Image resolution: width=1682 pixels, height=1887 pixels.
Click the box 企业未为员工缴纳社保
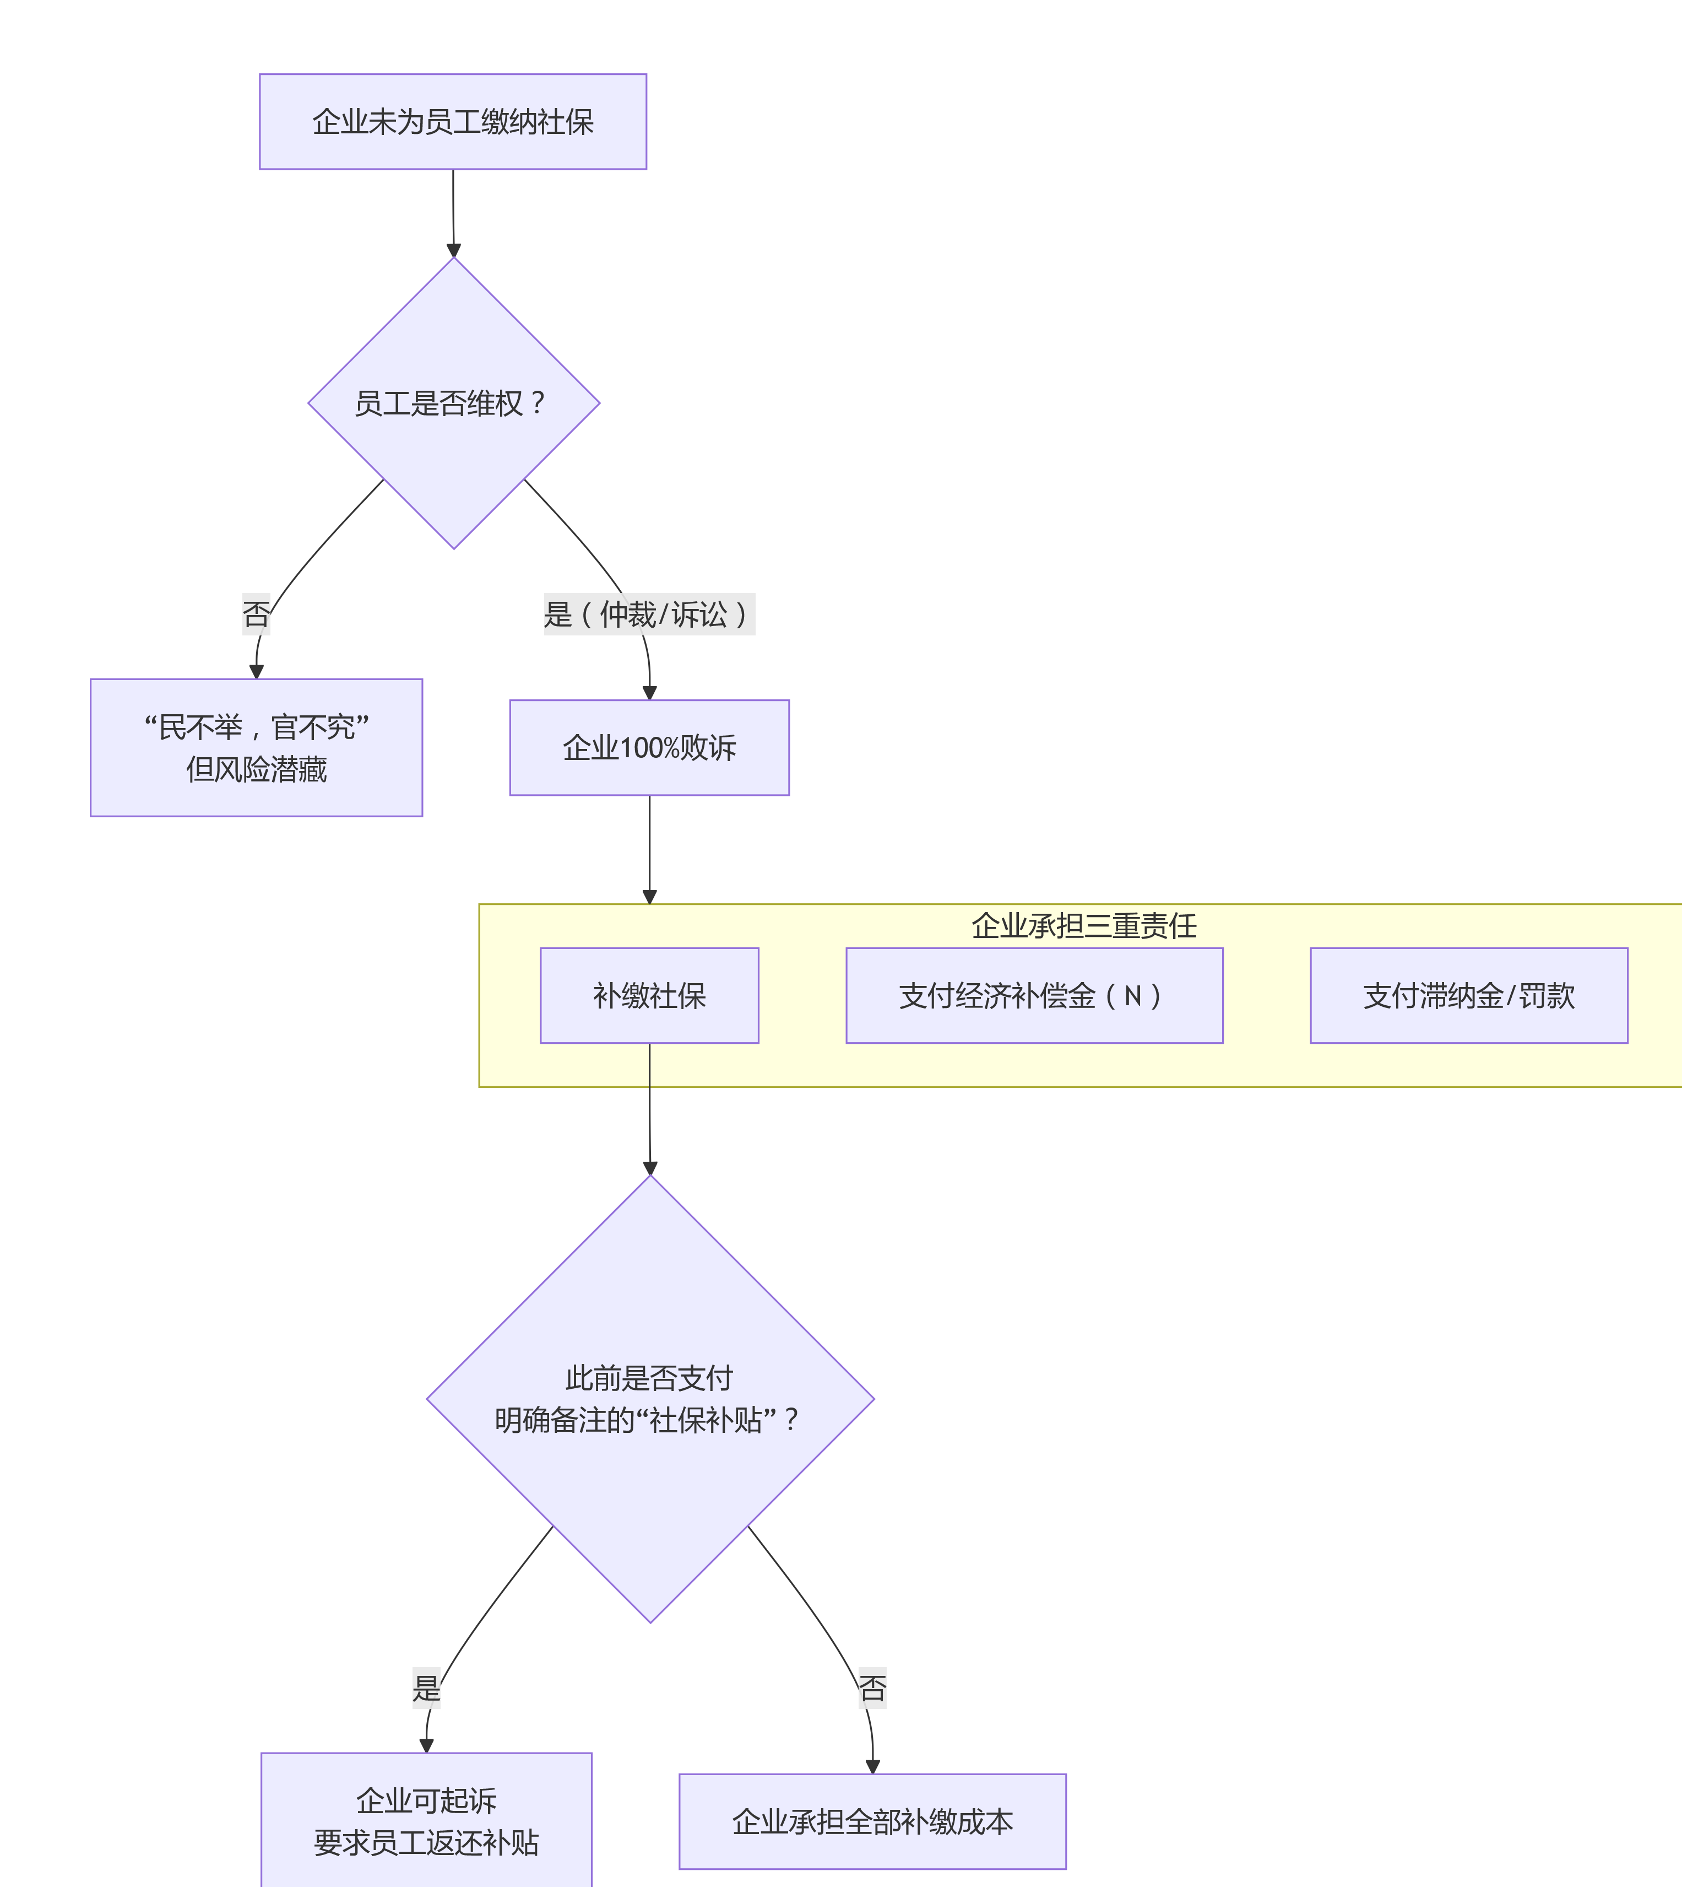coord(453,121)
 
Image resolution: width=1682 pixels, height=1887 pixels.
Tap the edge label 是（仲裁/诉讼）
coord(649,614)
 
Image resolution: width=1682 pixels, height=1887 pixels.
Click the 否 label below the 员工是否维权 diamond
coord(256,614)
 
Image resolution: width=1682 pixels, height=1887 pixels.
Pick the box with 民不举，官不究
coord(256,747)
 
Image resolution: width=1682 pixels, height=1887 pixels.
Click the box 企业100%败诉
coord(649,747)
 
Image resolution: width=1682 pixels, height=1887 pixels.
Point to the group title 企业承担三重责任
coord(1083,925)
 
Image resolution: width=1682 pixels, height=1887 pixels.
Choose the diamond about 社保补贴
coord(650,1398)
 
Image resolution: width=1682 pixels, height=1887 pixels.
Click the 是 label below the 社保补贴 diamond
coord(426,1687)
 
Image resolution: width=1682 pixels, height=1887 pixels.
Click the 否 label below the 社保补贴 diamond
coord(872,1687)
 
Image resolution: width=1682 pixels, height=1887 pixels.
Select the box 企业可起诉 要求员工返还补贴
coord(426,1820)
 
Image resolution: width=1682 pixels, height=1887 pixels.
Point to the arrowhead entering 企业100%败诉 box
coord(650,693)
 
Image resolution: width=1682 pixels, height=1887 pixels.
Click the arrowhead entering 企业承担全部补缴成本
coord(872,1767)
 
